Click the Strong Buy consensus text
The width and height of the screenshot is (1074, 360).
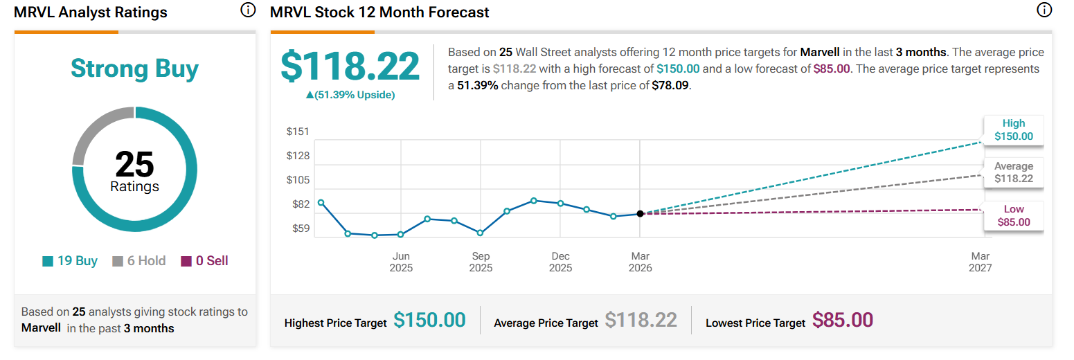[x=134, y=69]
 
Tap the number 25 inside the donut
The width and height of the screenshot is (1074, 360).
[x=134, y=164]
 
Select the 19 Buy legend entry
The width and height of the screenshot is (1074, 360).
[x=70, y=261]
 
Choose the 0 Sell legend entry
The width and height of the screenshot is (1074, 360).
[x=205, y=261]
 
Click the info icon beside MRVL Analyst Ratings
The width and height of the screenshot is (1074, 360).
[x=248, y=10]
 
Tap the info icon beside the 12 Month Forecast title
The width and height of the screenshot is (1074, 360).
[x=1044, y=10]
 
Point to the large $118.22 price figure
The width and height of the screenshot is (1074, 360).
[x=350, y=67]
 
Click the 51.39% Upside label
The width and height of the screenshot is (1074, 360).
[x=350, y=95]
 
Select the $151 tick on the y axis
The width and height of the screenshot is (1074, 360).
[x=298, y=132]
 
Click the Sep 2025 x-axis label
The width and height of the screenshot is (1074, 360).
[x=481, y=262]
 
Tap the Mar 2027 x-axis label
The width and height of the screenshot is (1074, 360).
[x=981, y=262]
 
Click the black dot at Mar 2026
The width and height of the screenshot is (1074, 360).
[x=640, y=213]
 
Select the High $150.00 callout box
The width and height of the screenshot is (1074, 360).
[x=1013, y=130]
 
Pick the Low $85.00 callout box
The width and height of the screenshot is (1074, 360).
[x=1013, y=216]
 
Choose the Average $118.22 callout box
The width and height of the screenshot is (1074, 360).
[x=1013, y=172]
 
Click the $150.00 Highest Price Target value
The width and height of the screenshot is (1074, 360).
[x=429, y=320]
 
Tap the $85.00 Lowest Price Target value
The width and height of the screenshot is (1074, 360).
[x=842, y=320]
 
